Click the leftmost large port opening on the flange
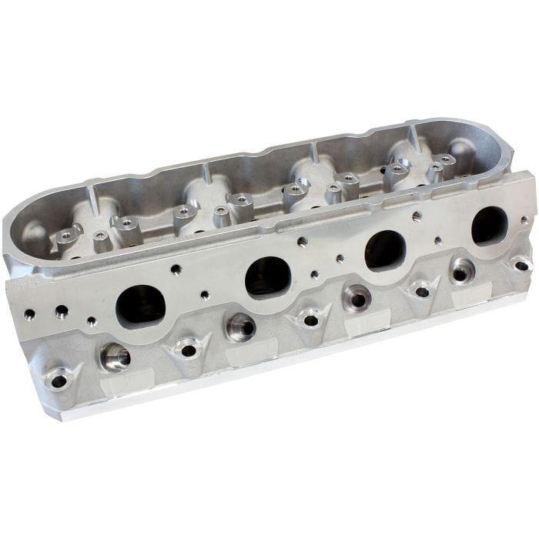[x=140, y=304]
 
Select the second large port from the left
[x=267, y=276]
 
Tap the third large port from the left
[x=385, y=250]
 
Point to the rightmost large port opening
[x=489, y=224]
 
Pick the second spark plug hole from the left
[x=240, y=326]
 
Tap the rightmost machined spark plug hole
[x=462, y=271]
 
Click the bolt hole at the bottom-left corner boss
[x=59, y=379]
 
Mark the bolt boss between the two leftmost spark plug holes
[x=187, y=350]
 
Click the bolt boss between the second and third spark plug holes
[x=311, y=316]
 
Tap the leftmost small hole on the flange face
[x=30, y=314]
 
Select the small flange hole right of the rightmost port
[x=525, y=220]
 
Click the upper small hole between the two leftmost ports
[x=176, y=269]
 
